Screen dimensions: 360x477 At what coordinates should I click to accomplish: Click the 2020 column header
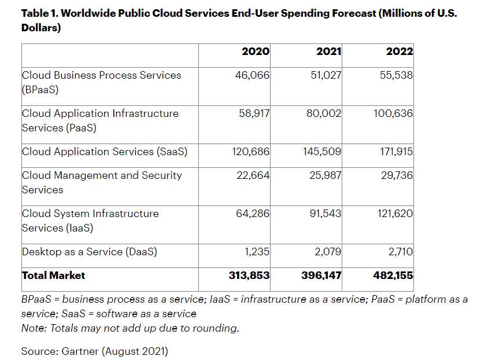coord(255,52)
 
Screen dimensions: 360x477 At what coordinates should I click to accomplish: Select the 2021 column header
coord(328,52)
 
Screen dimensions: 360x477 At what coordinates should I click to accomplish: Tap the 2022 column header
coord(400,52)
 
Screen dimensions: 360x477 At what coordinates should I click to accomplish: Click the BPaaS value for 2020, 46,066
coord(252,75)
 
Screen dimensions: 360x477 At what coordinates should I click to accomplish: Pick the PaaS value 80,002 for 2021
coord(323,113)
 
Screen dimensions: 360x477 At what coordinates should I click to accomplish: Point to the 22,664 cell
coord(253,175)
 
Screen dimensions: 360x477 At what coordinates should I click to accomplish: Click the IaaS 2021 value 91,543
coord(324,214)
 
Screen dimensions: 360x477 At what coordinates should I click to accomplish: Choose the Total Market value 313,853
coord(249,275)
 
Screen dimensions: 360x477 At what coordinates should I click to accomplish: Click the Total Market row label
coord(53,275)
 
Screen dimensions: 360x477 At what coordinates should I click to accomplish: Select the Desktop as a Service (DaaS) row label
coord(90,252)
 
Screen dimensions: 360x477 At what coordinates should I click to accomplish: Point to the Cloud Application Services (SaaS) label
coord(105,152)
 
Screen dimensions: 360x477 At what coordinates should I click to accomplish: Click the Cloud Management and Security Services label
coord(102,182)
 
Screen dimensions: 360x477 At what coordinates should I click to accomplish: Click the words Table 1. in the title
coord(39,14)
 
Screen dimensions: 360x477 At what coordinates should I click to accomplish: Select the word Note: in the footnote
coord(35,328)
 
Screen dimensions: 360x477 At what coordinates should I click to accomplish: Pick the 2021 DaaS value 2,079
coord(327,252)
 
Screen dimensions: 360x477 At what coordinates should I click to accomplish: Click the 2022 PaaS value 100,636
coord(393,113)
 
